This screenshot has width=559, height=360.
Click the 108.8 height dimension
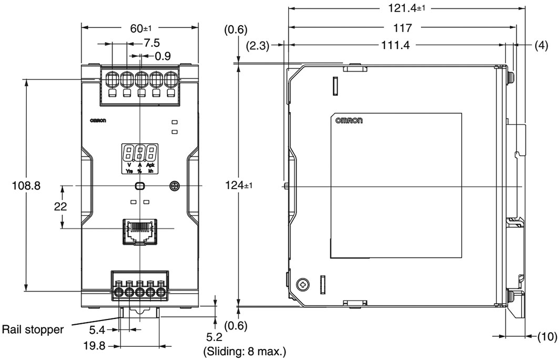pos(26,186)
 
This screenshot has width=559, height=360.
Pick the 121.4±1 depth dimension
pos(407,8)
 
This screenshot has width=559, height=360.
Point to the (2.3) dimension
pos(258,46)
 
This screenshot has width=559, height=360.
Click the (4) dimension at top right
pos(542,46)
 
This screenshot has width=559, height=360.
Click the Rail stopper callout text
pos(33,329)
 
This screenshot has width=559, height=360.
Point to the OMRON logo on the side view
pos(349,121)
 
